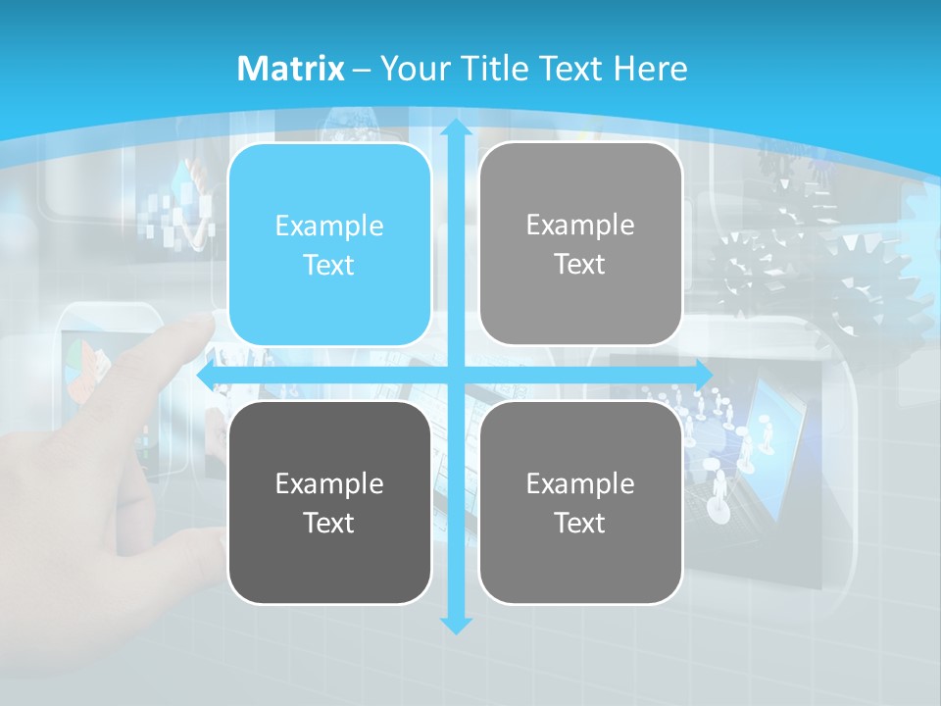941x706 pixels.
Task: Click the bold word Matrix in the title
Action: pos(291,69)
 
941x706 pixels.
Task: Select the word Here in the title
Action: pos(651,69)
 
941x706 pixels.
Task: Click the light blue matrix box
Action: pos(329,244)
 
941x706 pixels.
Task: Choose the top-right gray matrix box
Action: pos(580,243)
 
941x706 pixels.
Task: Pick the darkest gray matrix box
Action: pos(329,502)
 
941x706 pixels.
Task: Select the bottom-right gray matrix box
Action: pos(580,502)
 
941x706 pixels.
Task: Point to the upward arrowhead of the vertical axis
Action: pos(456,127)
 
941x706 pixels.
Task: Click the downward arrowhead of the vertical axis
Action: pos(456,625)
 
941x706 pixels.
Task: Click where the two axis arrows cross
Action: pos(456,375)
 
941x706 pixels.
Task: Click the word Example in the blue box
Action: pos(329,226)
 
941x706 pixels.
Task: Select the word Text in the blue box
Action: pos(329,265)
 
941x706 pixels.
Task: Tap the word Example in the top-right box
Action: pos(580,225)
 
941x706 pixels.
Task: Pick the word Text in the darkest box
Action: pos(329,523)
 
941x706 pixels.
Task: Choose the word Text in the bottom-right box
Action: pos(580,523)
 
